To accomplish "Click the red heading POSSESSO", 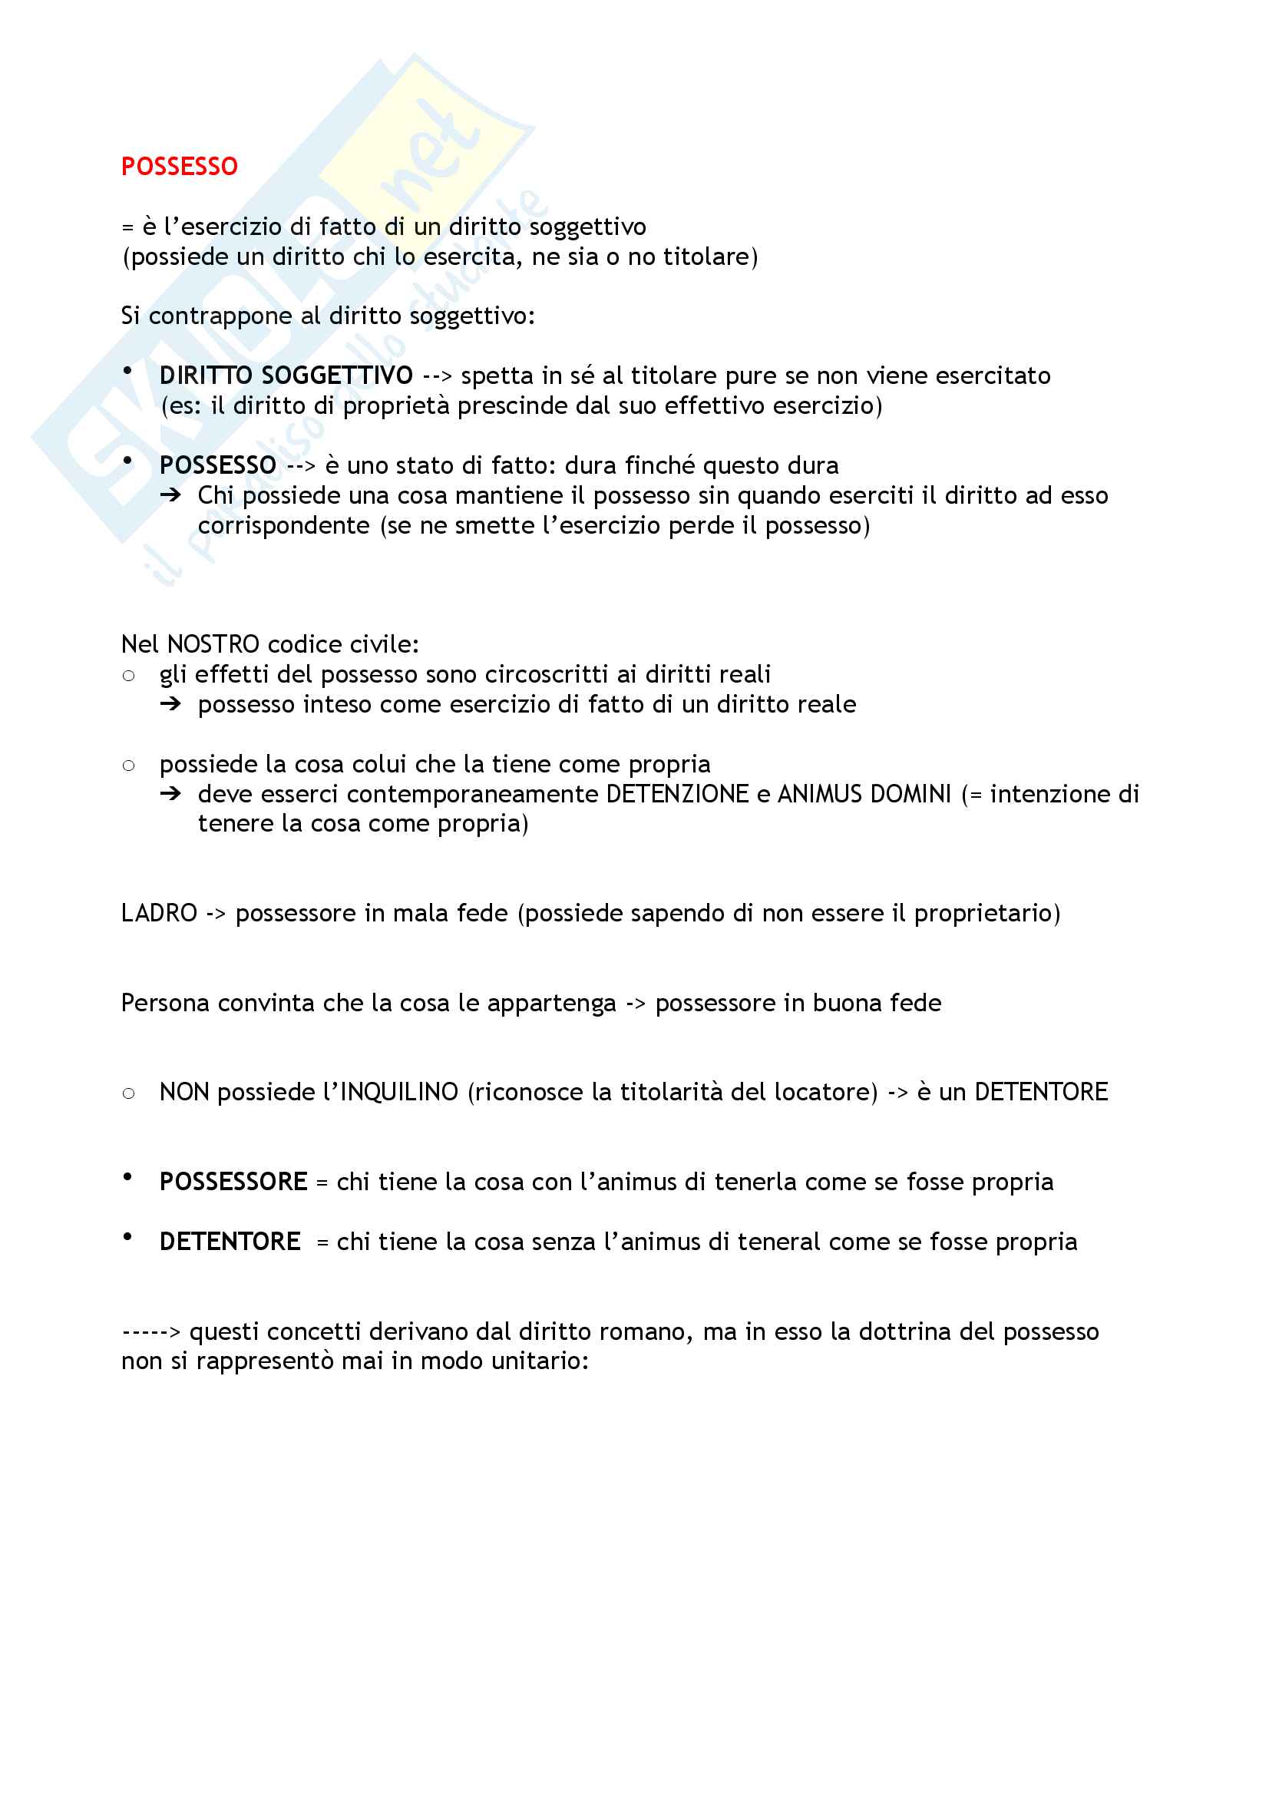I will pyautogui.click(x=179, y=167).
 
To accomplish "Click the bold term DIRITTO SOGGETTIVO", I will pyautogui.click(x=286, y=376).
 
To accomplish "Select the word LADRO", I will pyautogui.click(x=159, y=913).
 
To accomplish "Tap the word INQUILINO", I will pyautogui.click(x=398, y=1092).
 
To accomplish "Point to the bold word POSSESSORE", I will pyautogui.click(x=233, y=1182).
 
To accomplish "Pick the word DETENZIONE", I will pyautogui.click(x=677, y=794).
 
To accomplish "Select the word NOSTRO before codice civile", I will pyautogui.click(x=213, y=644).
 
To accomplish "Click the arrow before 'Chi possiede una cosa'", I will pyautogui.click(x=170, y=495).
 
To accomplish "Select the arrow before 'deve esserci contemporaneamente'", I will pyautogui.click(x=170, y=794).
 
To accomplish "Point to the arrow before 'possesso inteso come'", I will pyautogui.click(x=170, y=704).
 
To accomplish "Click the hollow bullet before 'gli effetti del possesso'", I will pyautogui.click(x=129, y=676).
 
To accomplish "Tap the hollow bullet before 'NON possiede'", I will pyautogui.click(x=129, y=1093).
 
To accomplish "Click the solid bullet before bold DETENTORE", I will pyautogui.click(x=127, y=1238).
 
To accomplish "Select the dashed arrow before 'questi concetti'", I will pyautogui.click(x=151, y=1332).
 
